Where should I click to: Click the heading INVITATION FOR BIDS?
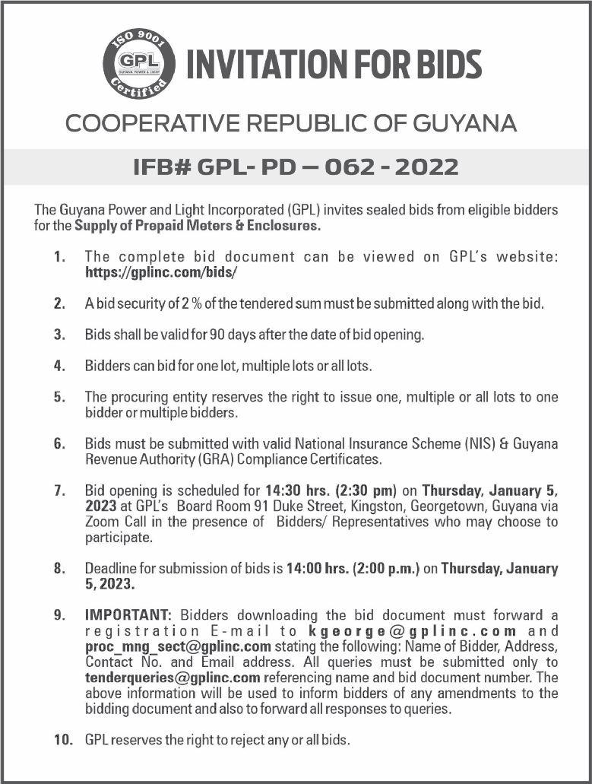(334, 65)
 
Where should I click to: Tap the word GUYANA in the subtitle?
(465, 123)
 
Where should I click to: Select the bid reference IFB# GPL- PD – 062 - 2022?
(296, 166)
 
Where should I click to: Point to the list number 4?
(59, 366)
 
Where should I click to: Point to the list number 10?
(62, 739)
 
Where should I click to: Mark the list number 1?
(59, 257)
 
